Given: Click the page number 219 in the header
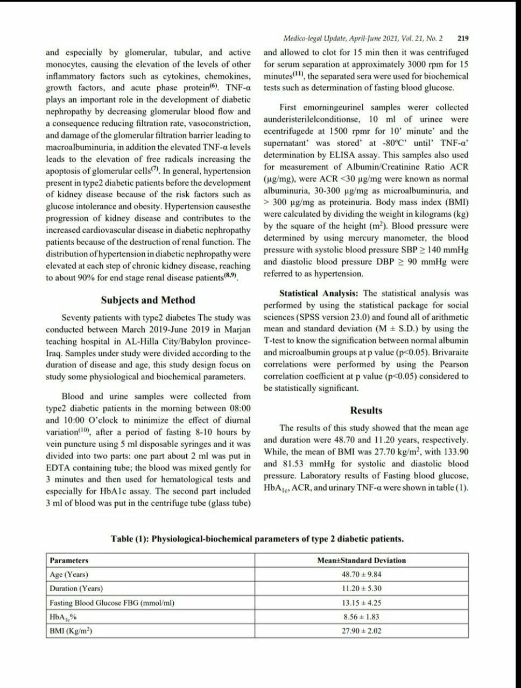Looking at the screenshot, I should click(462, 39).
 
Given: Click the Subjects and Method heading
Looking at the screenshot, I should click(148, 300).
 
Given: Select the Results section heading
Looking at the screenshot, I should click(366, 411).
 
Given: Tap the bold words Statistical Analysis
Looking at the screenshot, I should click(319, 293).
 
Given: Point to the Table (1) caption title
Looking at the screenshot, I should click(257, 539).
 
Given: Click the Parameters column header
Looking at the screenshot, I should click(69, 561).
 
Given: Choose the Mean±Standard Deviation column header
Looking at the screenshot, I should click(361, 561).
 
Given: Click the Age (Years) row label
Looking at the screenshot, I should click(69, 575).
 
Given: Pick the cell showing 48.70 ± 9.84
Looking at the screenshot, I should click(361, 575).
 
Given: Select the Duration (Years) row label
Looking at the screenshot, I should click(76, 589).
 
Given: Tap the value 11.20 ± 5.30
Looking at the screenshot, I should click(361, 589).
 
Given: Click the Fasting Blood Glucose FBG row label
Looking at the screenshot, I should click(112, 603).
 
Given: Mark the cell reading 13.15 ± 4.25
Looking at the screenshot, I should click(361, 603).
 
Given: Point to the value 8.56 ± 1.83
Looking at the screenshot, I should click(361, 617).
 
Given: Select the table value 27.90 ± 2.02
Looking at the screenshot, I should click(361, 631).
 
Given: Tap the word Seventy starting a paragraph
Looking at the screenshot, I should click(78, 318).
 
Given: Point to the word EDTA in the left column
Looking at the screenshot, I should click(57, 468).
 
